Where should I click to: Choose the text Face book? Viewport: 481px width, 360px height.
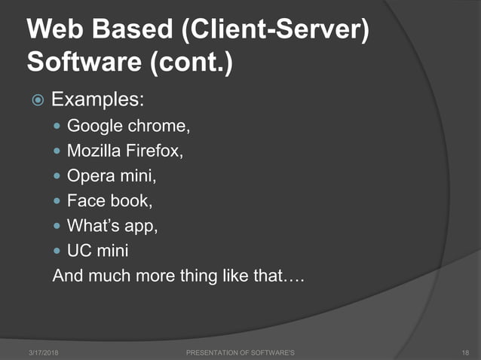point(103,201)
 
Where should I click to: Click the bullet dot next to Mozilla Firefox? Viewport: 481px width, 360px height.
point(58,151)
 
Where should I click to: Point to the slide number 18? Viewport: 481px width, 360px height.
point(464,352)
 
